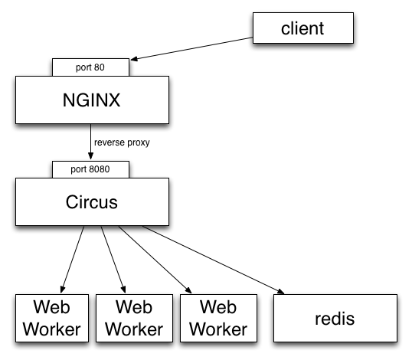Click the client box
[x=303, y=28]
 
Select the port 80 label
[x=90, y=67]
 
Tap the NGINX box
[x=92, y=100]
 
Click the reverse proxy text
[x=122, y=142]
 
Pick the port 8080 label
[x=90, y=169]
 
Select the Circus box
[x=92, y=201]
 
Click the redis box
[x=335, y=318]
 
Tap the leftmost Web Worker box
[x=52, y=318]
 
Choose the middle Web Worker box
[x=134, y=318]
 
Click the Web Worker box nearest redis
[x=218, y=318]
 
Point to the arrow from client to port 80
[x=191, y=48]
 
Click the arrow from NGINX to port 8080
[x=90, y=142]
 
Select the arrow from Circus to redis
[x=213, y=260]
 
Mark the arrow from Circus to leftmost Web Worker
[x=72, y=260]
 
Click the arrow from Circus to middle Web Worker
[x=113, y=260]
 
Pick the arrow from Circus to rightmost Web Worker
[x=155, y=260]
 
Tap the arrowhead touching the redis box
[x=280, y=291]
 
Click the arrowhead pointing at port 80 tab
[x=134, y=59]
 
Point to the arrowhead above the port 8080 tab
[x=90, y=156]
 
